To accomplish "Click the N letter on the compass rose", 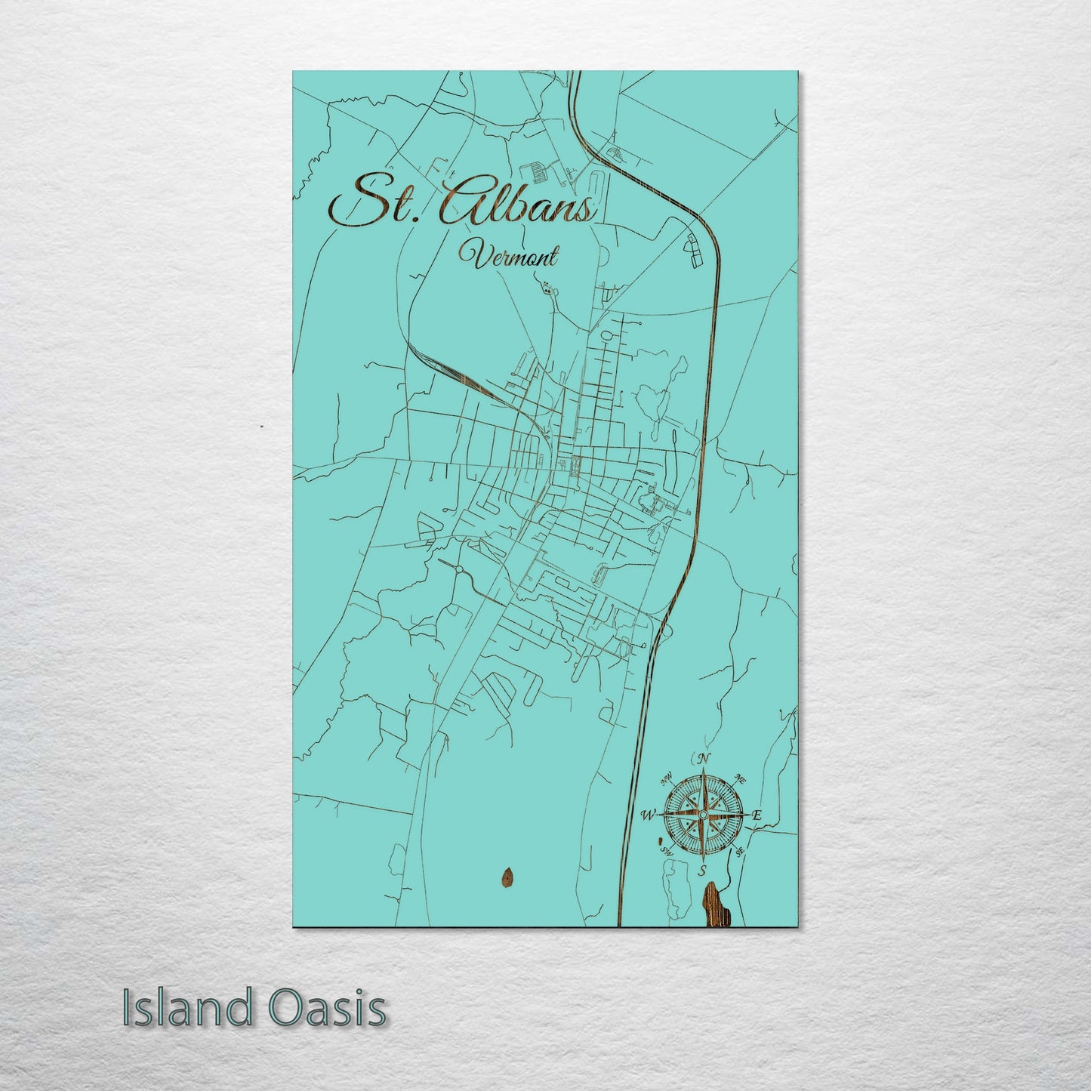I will pyautogui.click(x=704, y=759).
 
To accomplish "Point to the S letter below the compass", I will pyautogui.click(x=703, y=871).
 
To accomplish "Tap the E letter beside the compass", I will pyautogui.click(x=757, y=815).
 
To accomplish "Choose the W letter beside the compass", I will pyautogui.click(x=647, y=815).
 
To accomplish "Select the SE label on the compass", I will pyautogui.click(x=741, y=852).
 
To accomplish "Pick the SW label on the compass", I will pyautogui.click(x=666, y=851).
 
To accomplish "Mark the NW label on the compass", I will pyautogui.click(x=666, y=778).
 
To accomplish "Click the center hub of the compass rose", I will pyautogui.click(x=703, y=815).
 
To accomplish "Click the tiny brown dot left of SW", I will pyautogui.click(x=659, y=840).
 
